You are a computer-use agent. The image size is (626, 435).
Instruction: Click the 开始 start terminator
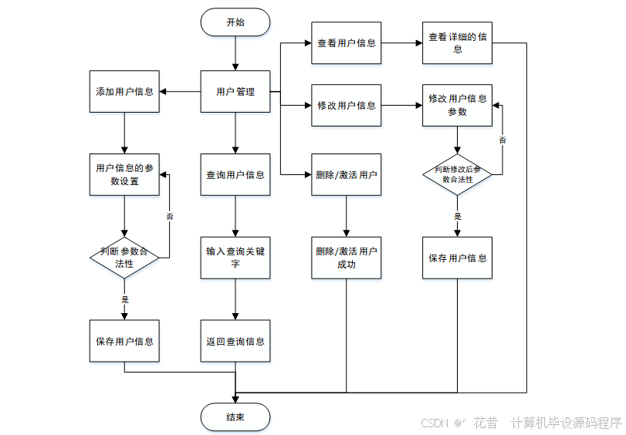tap(235, 22)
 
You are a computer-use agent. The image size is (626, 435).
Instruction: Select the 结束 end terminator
tap(235, 417)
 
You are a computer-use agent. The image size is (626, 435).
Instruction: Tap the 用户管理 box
tap(235, 92)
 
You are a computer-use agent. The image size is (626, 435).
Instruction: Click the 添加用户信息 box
tap(124, 92)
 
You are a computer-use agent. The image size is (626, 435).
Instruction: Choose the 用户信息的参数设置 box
tap(124, 174)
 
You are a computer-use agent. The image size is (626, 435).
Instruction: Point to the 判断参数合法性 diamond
tap(124, 258)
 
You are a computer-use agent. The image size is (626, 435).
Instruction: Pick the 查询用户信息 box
tap(235, 174)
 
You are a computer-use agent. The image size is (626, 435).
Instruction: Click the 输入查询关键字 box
tap(235, 258)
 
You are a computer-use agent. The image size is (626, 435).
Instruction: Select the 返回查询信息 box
tap(235, 341)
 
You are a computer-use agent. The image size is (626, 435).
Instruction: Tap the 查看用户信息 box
tap(347, 43)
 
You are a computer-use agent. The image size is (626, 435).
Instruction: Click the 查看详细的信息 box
tap(458, 43)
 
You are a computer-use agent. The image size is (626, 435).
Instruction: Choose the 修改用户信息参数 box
tap(458, 106)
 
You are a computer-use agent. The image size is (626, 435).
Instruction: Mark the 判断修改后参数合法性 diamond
tap(458, 174)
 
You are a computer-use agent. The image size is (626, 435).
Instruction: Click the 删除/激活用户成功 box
tap(347, 258)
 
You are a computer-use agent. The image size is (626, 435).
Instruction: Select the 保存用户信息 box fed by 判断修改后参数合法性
tap(458, 258)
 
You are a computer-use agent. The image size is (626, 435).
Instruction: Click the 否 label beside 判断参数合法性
tap(170, 217)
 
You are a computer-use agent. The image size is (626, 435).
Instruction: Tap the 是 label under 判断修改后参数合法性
tap(458, 217)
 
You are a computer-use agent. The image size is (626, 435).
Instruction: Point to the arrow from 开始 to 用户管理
tap(235, 53)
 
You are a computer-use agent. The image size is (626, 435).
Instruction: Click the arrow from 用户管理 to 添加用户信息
tap(181, 92)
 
